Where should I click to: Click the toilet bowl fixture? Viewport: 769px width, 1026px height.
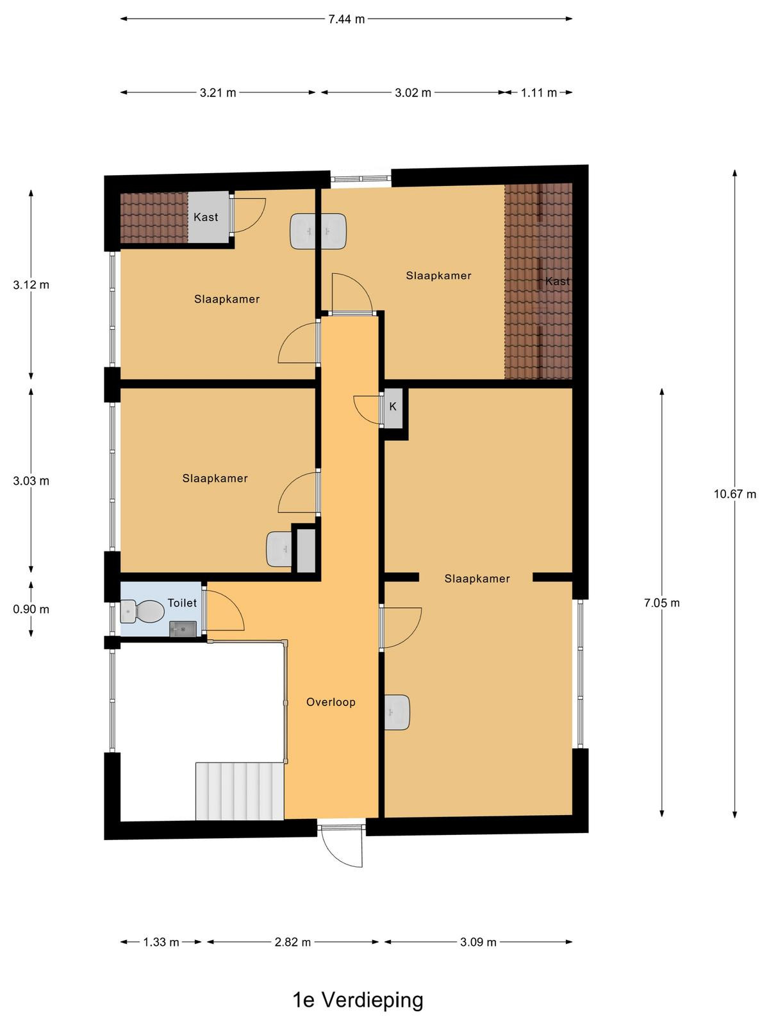142,611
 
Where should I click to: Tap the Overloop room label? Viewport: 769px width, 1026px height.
331,702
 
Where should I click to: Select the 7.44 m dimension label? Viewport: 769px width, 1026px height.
347,19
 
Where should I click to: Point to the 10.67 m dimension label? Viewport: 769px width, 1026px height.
734,494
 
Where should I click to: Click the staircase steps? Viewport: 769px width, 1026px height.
240,791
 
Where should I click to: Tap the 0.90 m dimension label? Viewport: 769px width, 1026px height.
31,609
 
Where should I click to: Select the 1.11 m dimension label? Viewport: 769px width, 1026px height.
539,92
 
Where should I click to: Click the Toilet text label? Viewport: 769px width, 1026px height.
182,603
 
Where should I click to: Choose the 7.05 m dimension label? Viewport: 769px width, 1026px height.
661,603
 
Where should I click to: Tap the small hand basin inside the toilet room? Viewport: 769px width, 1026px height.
183,628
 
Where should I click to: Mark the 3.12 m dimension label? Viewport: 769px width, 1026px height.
31,285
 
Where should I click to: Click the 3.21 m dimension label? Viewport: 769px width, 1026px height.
218,92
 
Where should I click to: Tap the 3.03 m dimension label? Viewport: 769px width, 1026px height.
31,481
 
